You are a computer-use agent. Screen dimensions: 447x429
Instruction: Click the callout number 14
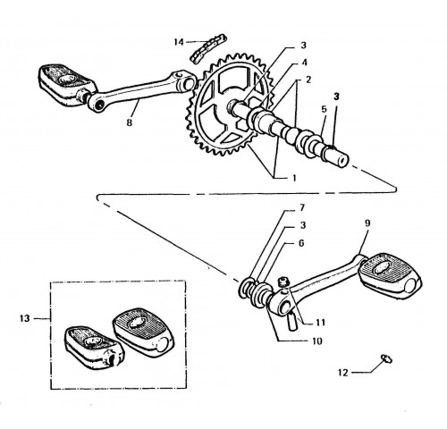click(179, 42)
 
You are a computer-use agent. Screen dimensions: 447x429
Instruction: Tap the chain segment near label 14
click(208, 48)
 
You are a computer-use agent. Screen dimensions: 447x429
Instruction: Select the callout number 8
click(129, 122)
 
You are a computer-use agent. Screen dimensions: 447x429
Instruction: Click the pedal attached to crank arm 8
click(67, 85)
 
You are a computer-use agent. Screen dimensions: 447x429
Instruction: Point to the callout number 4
click(304, 63)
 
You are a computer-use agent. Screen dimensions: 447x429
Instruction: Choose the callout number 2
click(308, 80)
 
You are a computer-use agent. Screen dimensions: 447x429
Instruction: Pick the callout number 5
click(325, 109)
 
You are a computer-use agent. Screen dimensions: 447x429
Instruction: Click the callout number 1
click(294, 178)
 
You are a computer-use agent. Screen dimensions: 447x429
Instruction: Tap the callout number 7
click(301, 207)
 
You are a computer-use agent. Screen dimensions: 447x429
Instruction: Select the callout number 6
click(301, 243)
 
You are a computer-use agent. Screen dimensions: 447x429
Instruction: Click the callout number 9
click(367, 223)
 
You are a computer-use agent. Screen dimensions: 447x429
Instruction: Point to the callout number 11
click(321, 323)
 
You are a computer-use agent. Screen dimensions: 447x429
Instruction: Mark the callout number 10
click(317, 341)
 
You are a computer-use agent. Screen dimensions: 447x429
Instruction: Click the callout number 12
click(343, 373)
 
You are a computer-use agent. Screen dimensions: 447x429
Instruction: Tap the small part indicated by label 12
click(386, 358)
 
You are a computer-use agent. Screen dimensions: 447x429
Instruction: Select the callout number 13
click(25, 318)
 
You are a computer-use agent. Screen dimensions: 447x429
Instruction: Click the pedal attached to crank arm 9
click(391, 273)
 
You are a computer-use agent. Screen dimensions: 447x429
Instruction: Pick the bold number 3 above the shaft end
click(337, 97)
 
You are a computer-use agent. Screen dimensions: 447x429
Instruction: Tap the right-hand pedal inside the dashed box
click(143, 332)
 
